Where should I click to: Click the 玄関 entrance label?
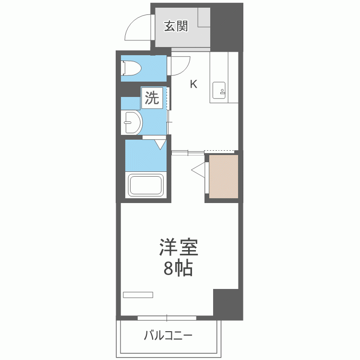coord(176,26)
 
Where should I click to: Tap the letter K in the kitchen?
coord(193,84)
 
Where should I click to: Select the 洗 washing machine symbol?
coord(152,98)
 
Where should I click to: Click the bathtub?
coord(146,185)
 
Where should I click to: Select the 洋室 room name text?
coord(179,248)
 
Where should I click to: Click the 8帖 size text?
coord(178,269)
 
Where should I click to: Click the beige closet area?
coord(224,176)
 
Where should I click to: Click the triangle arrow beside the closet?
coord(199,169)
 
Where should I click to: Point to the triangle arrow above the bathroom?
coord(160,144)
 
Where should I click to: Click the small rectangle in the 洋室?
coord(138,294)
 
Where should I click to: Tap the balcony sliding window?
coord(167,318)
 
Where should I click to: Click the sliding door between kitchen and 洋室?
coord(188,153)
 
